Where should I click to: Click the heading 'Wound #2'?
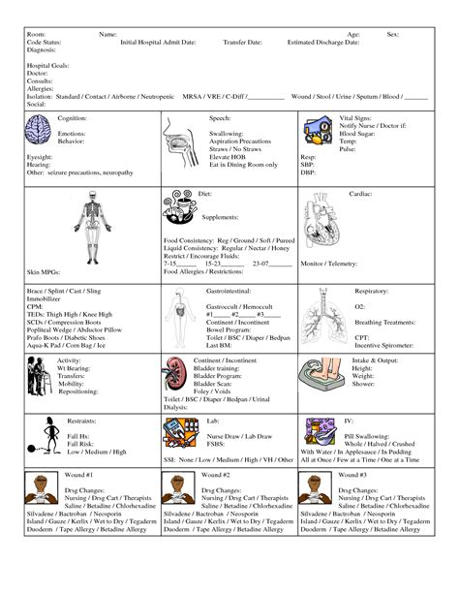pyautogui.click(x=216, y=476)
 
